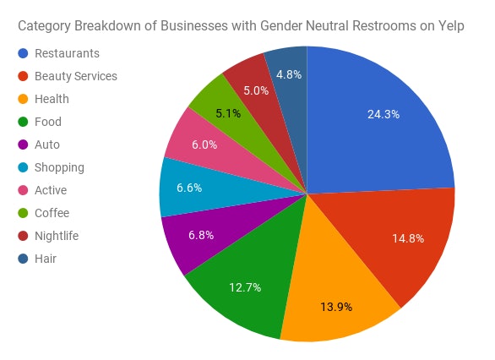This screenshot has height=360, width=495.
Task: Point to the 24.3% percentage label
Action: pyautogui.click(x=383, y=113)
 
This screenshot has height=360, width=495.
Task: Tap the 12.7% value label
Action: pyautogui.click(x=245, y=286)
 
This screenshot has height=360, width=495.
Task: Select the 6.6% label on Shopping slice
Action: pyautogui.click(x=189, y=188)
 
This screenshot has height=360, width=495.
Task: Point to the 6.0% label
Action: pyautogui.click(x=204, y=145)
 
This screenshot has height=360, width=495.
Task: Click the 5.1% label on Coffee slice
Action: pyautogui.click(x=228, y=112)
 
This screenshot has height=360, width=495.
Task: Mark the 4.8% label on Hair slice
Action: pyautogui.click(x=288, y=74)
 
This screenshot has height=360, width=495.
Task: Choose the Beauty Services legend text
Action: pyautogui.click(x=76, y=76)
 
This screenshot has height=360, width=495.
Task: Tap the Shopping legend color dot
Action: pyautogui.click(x=23, y=167)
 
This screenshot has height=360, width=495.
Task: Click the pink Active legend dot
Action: pyautogui.click(x=23, y=190)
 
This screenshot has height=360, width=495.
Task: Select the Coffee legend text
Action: pyautogui.click(x=52, y=213)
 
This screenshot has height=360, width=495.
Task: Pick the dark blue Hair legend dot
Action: pyautogui.click(x=23, y=259)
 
